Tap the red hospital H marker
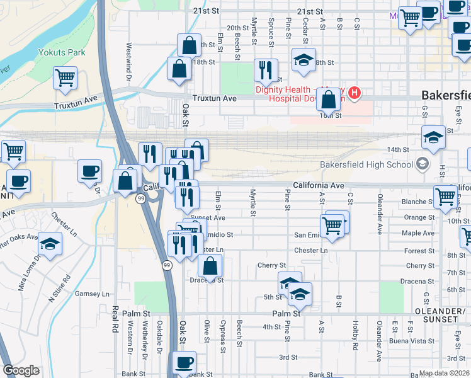click(x=355, y=93)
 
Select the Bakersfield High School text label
click(x=365, y=165)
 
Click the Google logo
click(x=21, y=371)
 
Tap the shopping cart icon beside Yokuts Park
click(x=65, y=78)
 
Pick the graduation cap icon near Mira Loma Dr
click(x=50, y=243)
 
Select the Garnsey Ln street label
click(x=92, y=294)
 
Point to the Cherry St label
click(x=272, y=266)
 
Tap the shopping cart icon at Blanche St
click(x=445, y=196)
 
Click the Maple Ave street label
click(x=418, y=234)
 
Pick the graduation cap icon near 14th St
click(x=433, y=137)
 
